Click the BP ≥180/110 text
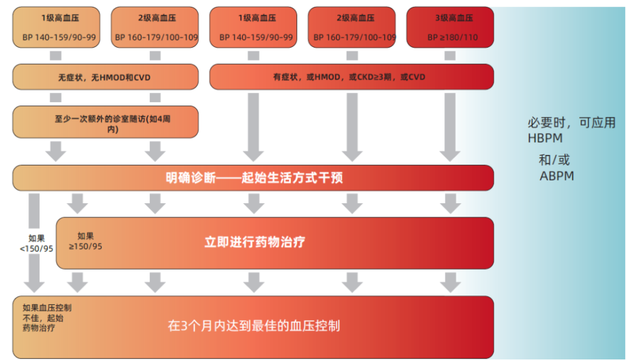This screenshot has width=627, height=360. tap(452, 37)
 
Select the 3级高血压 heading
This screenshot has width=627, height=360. tap(454, 18)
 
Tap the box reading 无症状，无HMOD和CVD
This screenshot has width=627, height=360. tap(105, 77)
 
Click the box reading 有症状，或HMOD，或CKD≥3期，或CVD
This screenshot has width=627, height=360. tap(352, 77)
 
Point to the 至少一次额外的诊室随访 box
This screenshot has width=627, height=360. tap(105, 122)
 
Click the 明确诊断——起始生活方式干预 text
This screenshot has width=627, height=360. tap(255, 177)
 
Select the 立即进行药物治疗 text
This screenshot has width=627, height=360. tap(255, 242)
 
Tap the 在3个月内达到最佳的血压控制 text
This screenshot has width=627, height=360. tap(254, 326)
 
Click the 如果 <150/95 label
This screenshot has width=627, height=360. tap(36, 243)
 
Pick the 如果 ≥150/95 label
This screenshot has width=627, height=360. tap(85, 241)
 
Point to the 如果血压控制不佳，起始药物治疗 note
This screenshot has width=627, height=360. tap(47, 317)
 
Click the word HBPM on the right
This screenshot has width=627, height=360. tap(545, 138)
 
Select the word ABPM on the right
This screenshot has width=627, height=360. tap(557, 176)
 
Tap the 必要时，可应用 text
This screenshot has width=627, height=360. tap(571, 122)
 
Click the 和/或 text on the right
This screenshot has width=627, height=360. tap(554, 160)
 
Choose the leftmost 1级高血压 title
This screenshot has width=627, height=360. tap(60, 18)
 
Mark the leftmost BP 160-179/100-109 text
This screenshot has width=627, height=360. tap(156, 37)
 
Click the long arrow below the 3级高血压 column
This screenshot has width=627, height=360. tap(450, 127)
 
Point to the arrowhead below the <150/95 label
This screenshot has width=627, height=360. tap(34, 286)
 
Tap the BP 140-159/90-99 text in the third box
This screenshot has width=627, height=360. tap(256, 37)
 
